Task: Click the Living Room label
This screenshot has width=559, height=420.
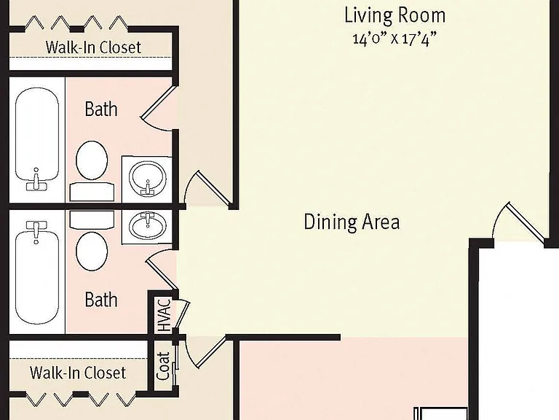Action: tap(395, 15)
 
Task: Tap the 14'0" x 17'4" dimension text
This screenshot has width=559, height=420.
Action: tap(395, 38)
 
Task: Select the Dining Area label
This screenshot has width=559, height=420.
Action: tap(352, 222)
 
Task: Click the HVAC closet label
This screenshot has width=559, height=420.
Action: tap(164, 315)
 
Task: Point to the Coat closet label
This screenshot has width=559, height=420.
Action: tap(163, 366)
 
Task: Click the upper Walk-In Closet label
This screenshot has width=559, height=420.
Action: tap(93, 47)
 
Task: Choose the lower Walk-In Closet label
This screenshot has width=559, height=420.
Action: tap(78, 373)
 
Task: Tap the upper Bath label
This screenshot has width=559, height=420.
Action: tap(101, 109)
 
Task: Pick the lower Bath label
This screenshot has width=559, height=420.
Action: tap(101, 300)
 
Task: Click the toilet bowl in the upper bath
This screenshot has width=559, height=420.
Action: tap(92, 160)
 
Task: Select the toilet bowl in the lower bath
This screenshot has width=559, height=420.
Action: tap(92, 251)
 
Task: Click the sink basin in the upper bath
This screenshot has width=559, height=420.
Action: tap(147, 177)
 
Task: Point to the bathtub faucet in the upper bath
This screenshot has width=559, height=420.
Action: tap(36, 182)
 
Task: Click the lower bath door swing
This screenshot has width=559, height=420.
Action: tap(161, 271)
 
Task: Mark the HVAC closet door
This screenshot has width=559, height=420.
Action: tap(182, 314)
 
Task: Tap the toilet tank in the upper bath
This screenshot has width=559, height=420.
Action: tap(92, 192)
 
